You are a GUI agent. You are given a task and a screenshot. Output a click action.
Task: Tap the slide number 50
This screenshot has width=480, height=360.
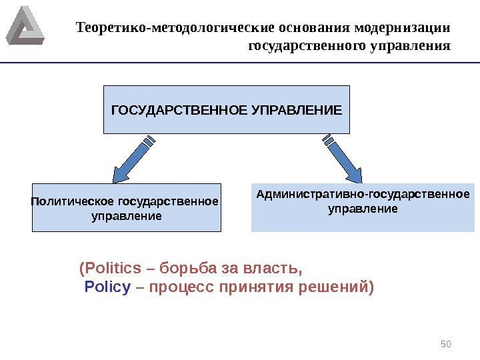coord(447,343)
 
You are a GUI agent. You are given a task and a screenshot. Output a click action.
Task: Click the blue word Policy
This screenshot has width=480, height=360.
coord(107,287)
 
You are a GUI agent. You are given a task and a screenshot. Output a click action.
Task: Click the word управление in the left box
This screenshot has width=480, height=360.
coord(126,217)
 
